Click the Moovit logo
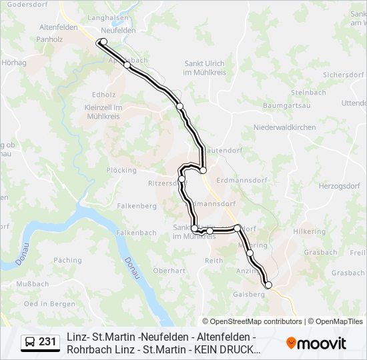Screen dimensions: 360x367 [316, 343]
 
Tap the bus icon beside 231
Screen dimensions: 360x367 [29, 342]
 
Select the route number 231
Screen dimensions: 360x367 [47, 342]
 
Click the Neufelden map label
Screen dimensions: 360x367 [118, 31]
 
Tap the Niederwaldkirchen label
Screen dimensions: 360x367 [284, 127]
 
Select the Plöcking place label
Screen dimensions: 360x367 [121, 171]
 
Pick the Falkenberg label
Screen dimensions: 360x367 [136, 206]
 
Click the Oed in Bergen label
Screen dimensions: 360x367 [49, 303]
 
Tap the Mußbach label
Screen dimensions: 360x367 [32, 283]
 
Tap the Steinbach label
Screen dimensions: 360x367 [308, 93]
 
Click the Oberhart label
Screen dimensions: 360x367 [169, 271]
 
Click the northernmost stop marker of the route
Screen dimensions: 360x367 [103, 42]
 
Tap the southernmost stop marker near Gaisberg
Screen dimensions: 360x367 [269, 285]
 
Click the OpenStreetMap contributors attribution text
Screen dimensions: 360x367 [252, 321]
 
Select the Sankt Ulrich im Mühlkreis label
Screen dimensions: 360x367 [204, 68]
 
